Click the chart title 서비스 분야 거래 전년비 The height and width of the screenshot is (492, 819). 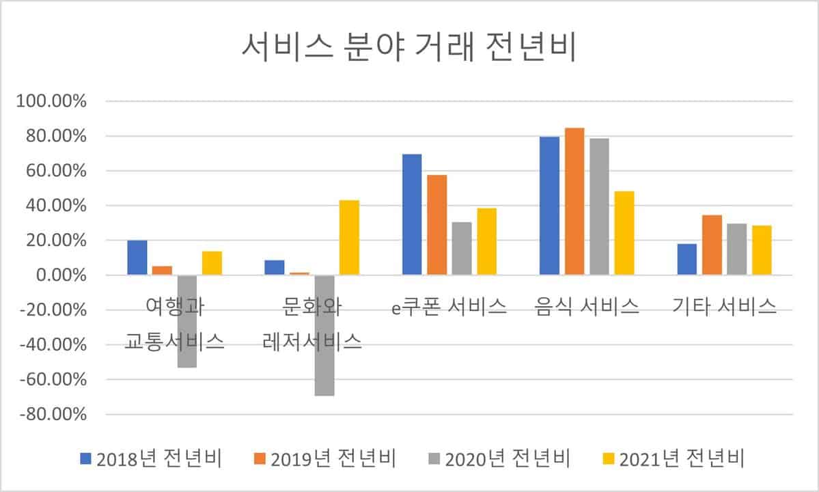coord(410,49)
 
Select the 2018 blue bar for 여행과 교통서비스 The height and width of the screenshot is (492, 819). coord(137,258)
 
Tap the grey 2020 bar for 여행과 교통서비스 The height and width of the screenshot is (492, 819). coord(187,321)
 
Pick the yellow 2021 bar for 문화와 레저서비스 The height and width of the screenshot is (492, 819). coord(349,238)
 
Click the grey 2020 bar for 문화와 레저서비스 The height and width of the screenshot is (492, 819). coord(324,335)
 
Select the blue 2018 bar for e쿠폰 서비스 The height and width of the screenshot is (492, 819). coord(412,215)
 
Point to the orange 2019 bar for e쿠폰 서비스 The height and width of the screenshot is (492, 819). coord(437,225)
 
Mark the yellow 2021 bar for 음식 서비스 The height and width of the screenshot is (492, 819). coord(624,233)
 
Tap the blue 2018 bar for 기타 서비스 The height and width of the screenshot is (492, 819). coord(687,260)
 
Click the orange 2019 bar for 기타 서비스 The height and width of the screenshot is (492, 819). coord(712,245)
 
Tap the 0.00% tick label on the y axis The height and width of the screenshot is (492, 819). coord(62,275)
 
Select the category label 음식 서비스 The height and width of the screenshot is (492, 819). coord(587,307)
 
